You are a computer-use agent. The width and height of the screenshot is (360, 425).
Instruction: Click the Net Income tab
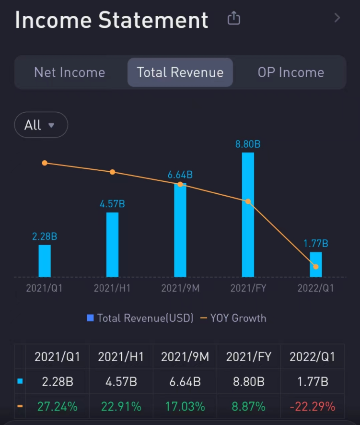click(x=70, y=72)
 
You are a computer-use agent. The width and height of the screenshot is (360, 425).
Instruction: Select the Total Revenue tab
click(x=180, y=72)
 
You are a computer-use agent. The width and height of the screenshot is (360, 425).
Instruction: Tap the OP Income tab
click(x=290, y=72)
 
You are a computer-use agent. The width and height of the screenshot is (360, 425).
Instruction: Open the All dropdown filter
click(x=41, y=125)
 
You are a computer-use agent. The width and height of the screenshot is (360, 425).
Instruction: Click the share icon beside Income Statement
click(x=233, y=19)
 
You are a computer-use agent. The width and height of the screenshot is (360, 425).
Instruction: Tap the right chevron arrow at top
click(x=337, y=18)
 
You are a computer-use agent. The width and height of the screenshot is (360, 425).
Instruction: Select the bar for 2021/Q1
click(x=45, y=261)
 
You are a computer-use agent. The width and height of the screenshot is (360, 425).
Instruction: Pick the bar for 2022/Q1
click(x=315, y=265)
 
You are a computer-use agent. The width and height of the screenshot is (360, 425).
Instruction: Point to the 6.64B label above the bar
click(x=180, y=175)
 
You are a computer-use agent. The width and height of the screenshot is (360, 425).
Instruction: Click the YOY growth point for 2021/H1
click(x=113, y=172)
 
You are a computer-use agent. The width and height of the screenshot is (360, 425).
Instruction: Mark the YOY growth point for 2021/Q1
click(x=45, y=163)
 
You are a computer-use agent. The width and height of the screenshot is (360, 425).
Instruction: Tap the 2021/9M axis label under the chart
click(x=180, y=288)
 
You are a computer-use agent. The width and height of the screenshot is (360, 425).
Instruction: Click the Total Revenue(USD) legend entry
click(x=140, y=318)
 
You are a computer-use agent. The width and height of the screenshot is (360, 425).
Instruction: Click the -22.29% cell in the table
click(x=312, y=407)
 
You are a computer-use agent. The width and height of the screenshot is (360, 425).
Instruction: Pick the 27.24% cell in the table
click(x=58, y=407)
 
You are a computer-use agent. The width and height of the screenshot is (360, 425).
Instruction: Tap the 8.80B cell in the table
click(x=248, y=382)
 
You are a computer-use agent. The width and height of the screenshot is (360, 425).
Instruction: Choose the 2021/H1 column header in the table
click(x=121, y=357)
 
